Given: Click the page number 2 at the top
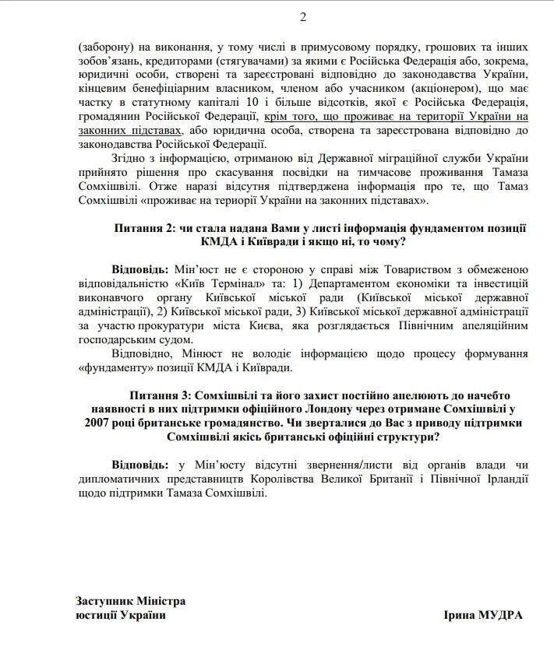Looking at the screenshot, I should [x=281, y=18].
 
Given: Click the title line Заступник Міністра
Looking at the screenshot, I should [x=131, y=602].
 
